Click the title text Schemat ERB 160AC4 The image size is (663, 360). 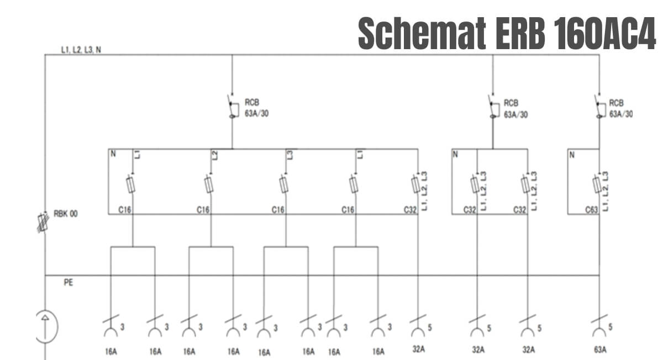click(507, 33)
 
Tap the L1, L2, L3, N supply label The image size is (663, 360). click(81, 50)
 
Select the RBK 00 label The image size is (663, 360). click(65, 214)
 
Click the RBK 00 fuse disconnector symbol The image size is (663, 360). click(43, 222)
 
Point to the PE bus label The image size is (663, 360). click(69, 283)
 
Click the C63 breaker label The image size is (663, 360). click(592, 210)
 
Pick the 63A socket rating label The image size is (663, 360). click(600, 350)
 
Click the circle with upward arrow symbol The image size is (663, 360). click(46, 326)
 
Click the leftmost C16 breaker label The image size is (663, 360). click(125, 210)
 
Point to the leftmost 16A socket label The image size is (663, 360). click(111, 351)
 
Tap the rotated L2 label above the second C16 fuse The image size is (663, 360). click(215, 155)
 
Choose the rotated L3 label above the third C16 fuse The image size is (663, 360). click(290, 155)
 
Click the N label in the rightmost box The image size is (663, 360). click(572, 155)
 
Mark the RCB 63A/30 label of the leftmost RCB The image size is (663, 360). click(256, 108)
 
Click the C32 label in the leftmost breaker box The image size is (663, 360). click(410, 210)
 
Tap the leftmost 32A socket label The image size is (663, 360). click(419, 349)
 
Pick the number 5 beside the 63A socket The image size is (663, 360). click(611, 327)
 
